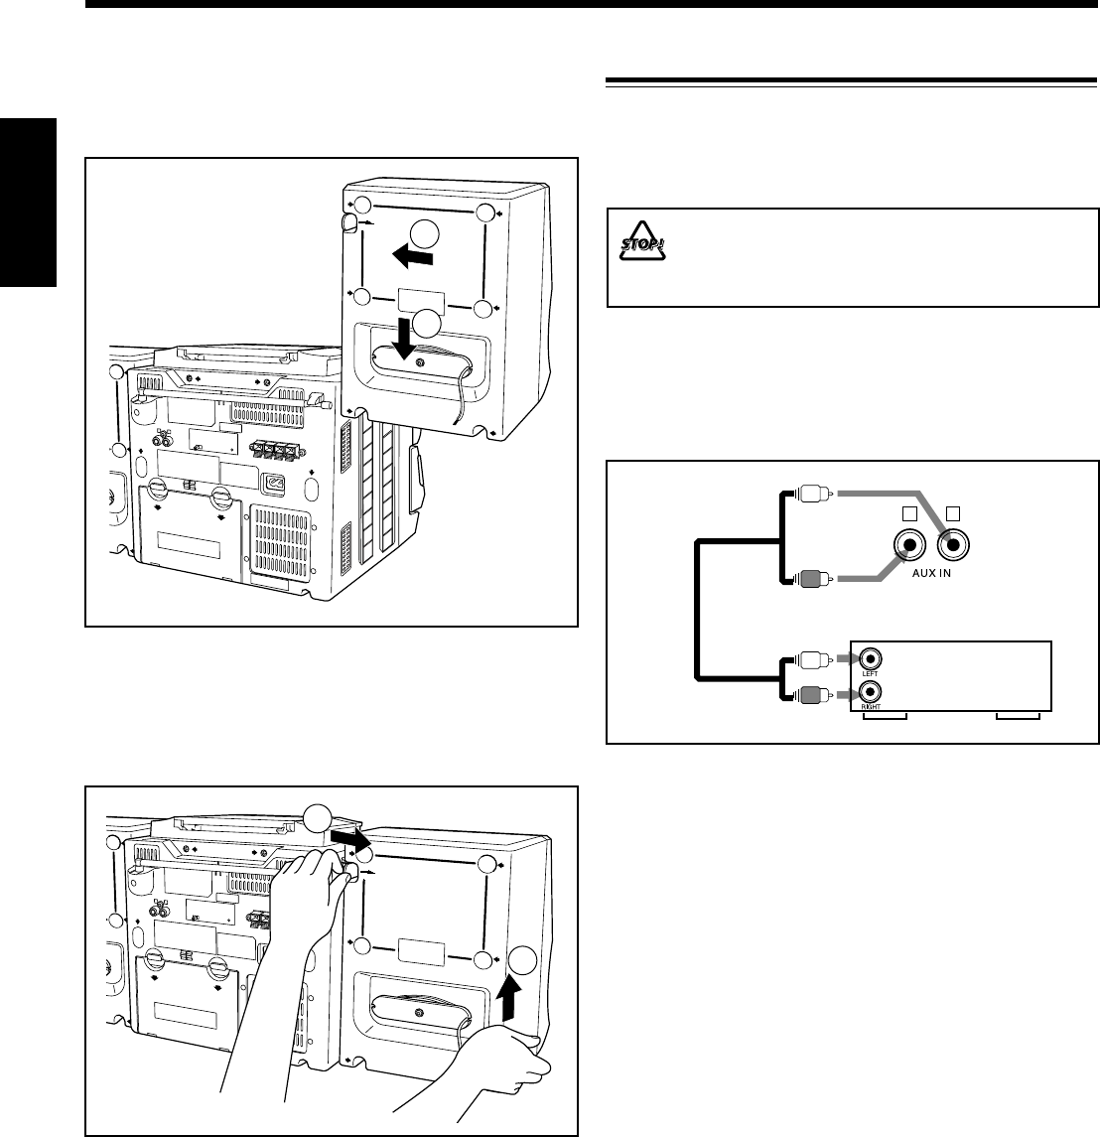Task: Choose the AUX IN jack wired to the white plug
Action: pos(952,545)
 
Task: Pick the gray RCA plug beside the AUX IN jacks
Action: pos(808,577)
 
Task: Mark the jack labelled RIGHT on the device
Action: pos(870,693)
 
